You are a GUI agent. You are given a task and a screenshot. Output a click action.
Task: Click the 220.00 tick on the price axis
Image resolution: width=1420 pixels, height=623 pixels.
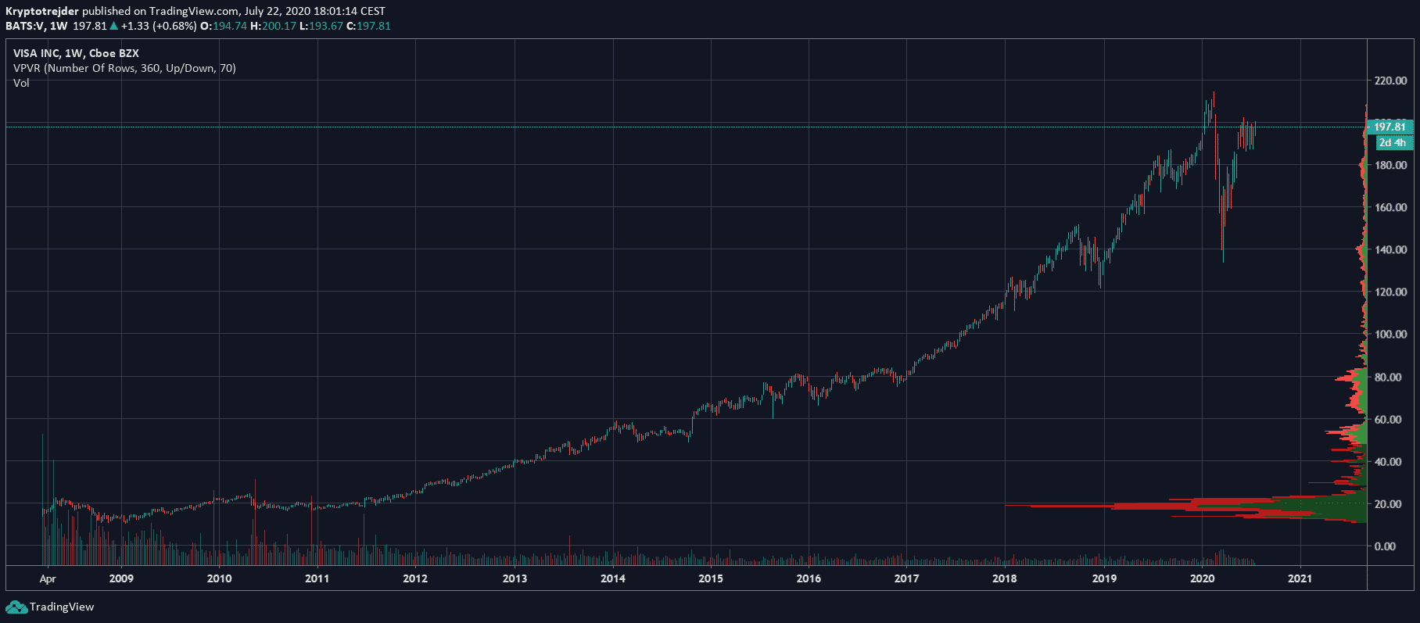1390,81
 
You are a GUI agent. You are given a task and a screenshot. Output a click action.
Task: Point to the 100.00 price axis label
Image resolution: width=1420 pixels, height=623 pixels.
1390,335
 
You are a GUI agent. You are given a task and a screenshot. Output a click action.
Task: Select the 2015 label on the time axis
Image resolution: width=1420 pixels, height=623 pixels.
710,578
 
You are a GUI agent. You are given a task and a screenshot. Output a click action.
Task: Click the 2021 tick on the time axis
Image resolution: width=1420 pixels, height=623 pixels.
1300,578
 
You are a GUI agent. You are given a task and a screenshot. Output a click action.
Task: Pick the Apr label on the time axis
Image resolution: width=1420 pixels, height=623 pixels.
48,578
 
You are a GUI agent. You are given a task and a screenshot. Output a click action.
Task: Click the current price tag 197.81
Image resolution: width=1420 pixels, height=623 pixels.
1390,127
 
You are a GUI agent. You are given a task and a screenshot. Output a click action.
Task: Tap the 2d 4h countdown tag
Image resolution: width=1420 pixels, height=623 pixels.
1392,142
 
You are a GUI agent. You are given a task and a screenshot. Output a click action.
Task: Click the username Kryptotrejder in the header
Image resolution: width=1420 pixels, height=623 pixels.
42,11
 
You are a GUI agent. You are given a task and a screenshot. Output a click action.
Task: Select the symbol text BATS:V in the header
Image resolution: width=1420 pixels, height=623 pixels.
24,26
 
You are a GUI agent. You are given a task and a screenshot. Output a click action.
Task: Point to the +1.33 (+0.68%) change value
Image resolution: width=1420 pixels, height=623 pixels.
158,26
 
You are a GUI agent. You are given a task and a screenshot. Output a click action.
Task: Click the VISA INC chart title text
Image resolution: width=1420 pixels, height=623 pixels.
76,53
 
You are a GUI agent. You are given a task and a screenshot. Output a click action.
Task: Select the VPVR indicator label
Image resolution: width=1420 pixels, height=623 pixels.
124,68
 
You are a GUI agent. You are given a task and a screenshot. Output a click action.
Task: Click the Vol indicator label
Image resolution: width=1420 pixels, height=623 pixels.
21,83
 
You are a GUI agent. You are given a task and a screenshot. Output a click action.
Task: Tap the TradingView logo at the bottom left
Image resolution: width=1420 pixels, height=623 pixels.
50,607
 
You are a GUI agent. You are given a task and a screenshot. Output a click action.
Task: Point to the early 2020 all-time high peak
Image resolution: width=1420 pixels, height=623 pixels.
1214,94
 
